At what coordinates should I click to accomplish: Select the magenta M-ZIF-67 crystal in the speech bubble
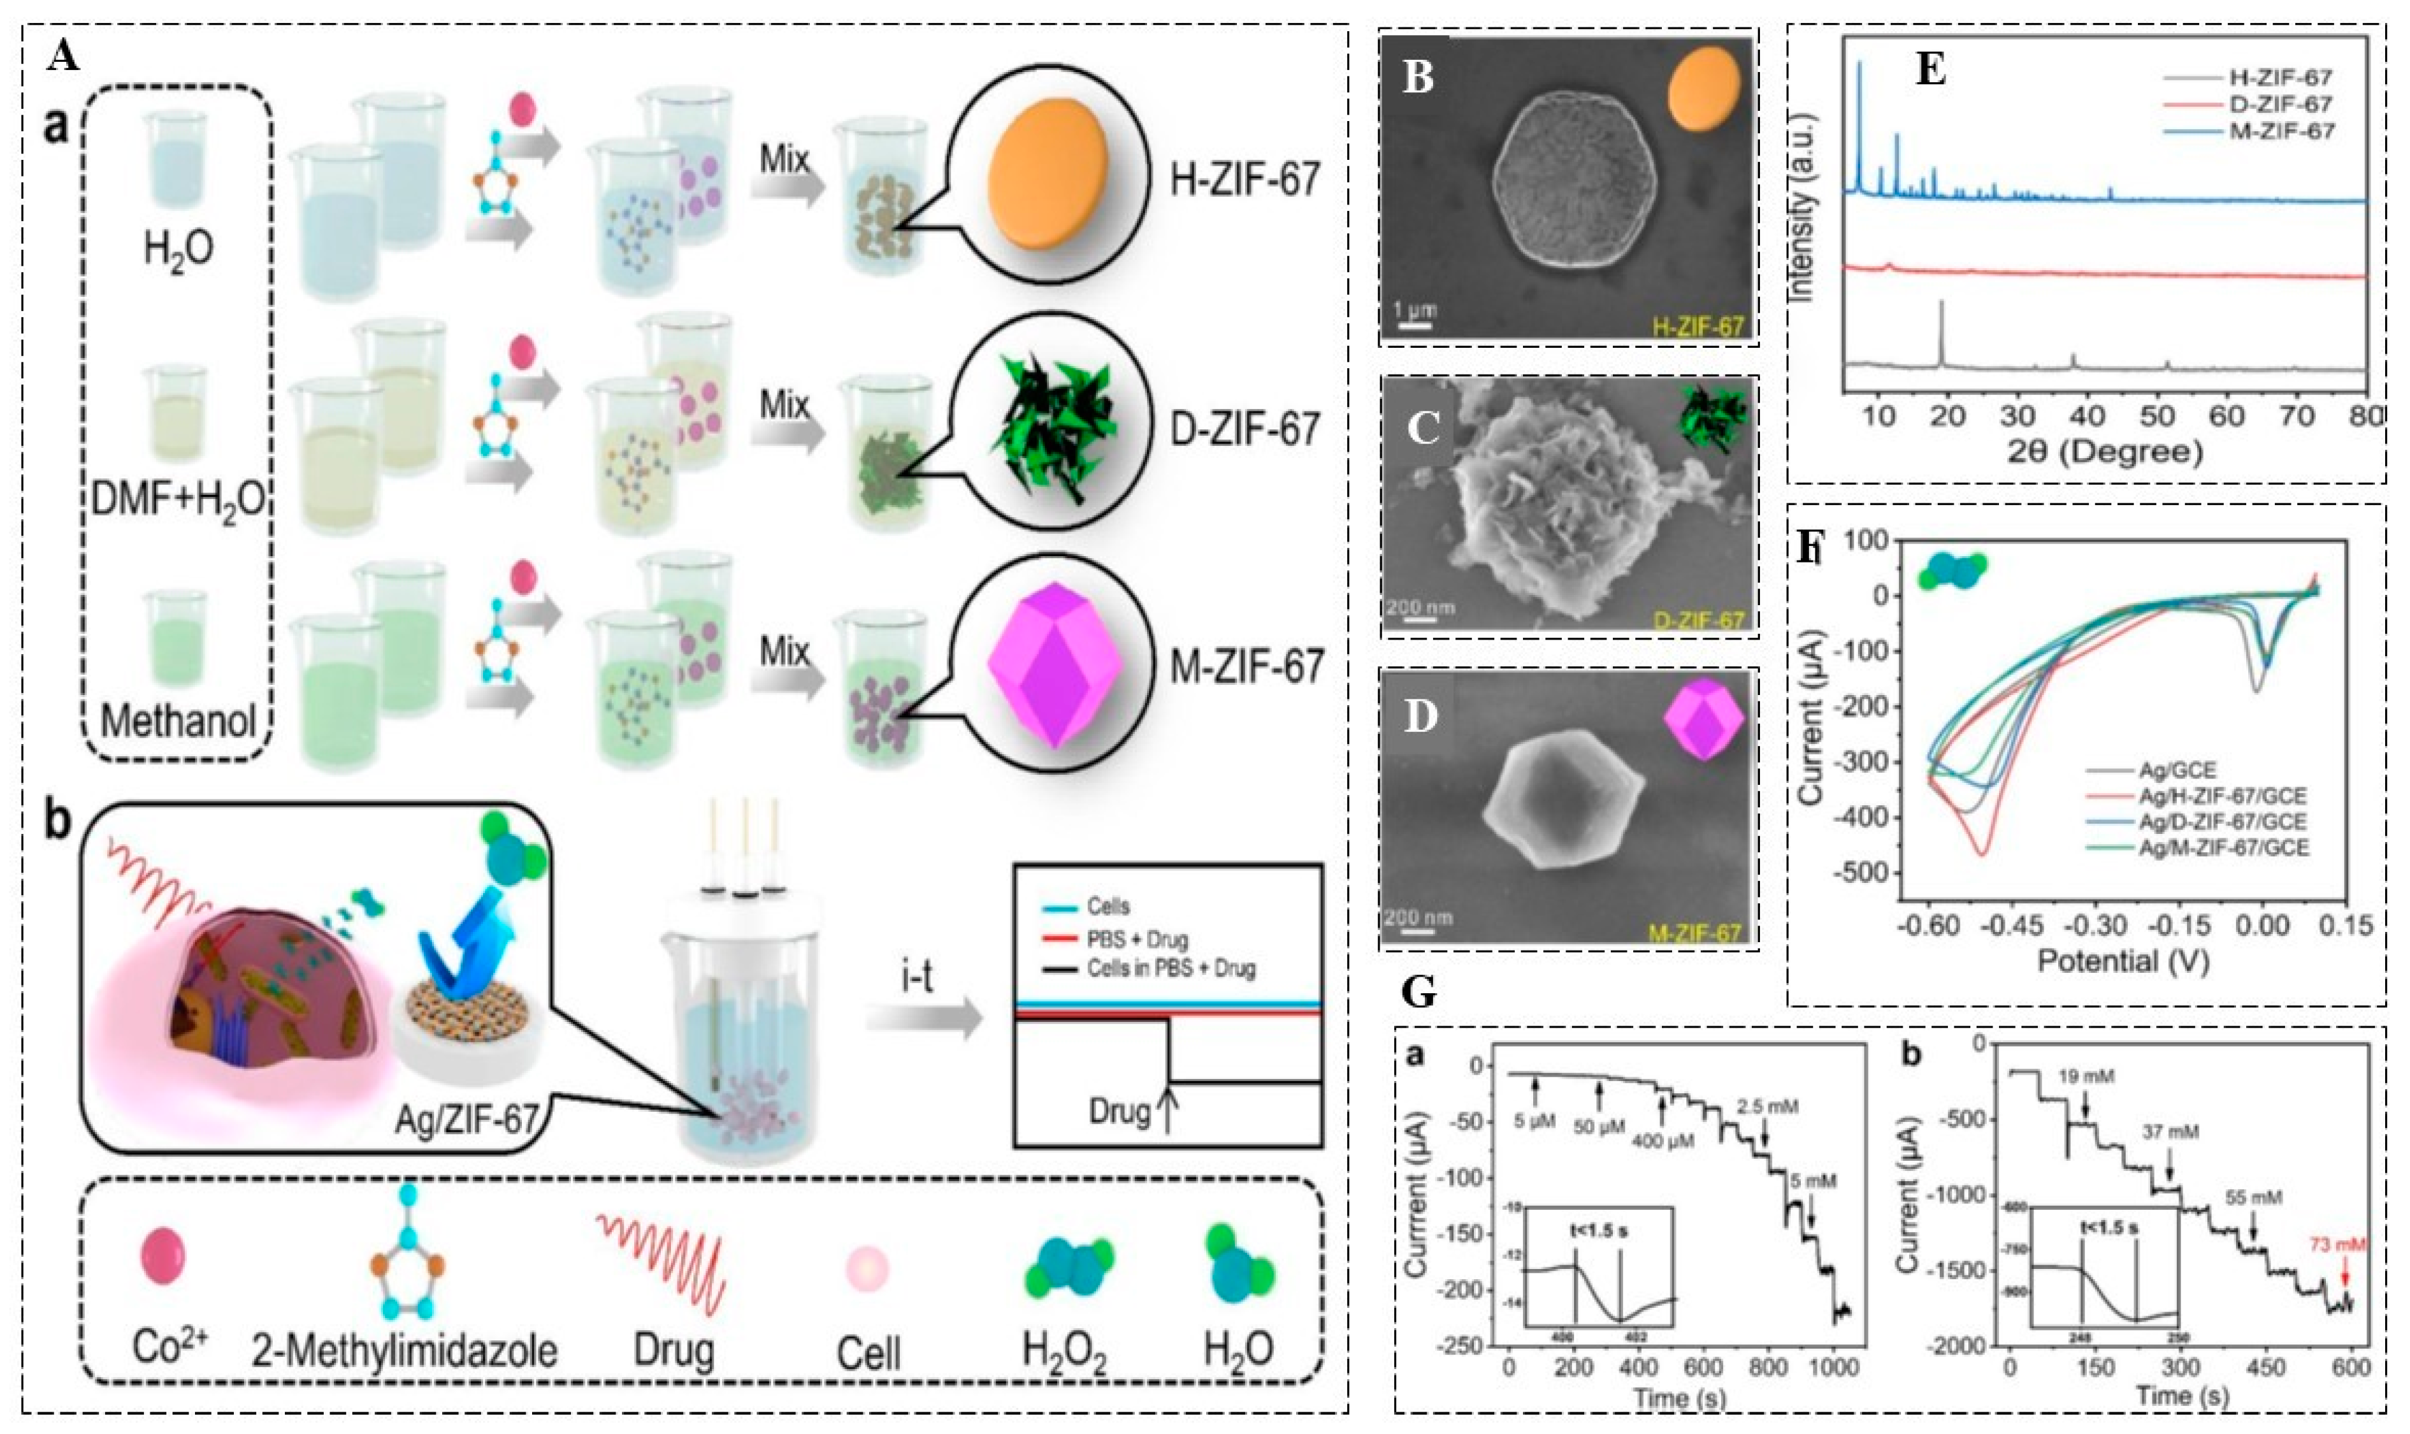click(x=1054, y=668)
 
